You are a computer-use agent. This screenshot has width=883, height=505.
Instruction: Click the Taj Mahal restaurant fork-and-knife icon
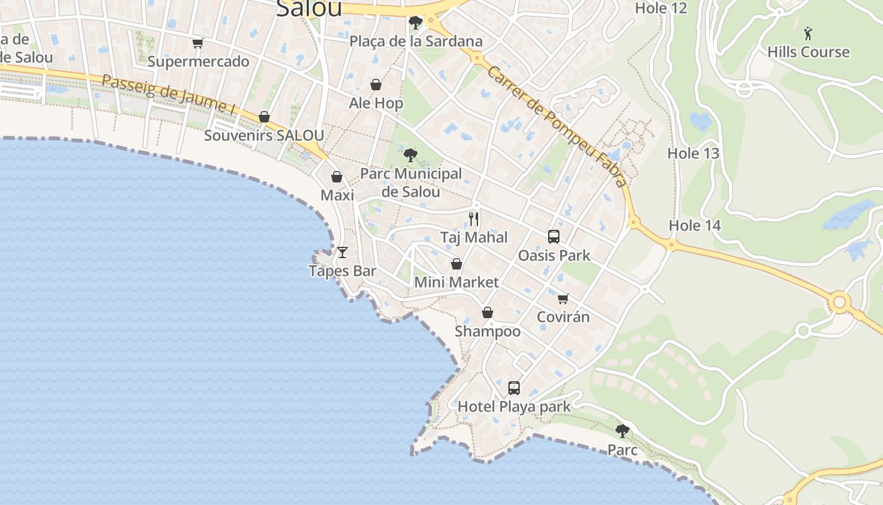point(474,219)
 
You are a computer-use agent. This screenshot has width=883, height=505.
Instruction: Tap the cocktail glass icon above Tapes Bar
point(342,252)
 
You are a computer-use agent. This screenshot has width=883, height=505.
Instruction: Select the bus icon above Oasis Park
point(554,237)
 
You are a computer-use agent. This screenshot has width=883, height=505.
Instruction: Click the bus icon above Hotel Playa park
point(514,388)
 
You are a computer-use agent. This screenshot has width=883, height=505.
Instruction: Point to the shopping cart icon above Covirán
point(563,299)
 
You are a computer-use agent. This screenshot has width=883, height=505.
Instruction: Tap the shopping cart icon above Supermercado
point(198,44)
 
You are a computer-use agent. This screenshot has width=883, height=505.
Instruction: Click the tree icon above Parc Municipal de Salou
point(411,155)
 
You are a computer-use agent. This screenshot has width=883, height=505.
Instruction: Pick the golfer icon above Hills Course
point(808,33)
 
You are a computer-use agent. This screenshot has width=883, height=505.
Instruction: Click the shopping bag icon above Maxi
point(337,177)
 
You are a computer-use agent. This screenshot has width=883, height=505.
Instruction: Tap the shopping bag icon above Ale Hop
point(376,85)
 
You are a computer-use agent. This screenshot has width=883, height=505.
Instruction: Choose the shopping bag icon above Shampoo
point(488,312)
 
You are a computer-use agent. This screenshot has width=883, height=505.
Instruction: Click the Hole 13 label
point(693,153)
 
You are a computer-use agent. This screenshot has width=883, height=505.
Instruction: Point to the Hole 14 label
point(694,225)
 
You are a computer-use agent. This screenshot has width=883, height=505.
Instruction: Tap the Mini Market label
point(456,282)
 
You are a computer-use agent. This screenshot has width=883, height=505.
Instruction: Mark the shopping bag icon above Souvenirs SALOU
point(264,117)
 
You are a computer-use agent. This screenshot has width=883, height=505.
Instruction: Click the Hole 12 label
point(660,8)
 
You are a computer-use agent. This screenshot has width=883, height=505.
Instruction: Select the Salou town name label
point(309,8)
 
